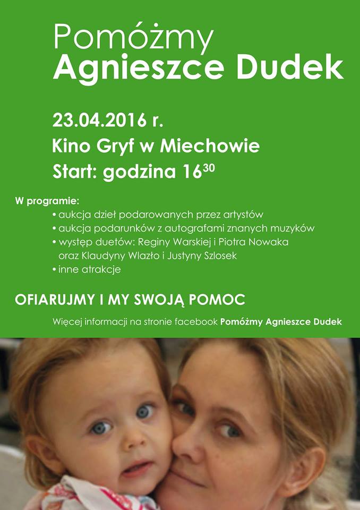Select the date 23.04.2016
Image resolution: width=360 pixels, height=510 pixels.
click(99, 120)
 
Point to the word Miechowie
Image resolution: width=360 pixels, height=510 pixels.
click(209, 146)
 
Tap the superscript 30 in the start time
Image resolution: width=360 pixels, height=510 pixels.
click(209, 168)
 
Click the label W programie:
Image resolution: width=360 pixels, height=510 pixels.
click(47, 201)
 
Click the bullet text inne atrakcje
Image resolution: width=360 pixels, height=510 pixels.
click(89, 270)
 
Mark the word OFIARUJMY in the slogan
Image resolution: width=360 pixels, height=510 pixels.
click(55, 300)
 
